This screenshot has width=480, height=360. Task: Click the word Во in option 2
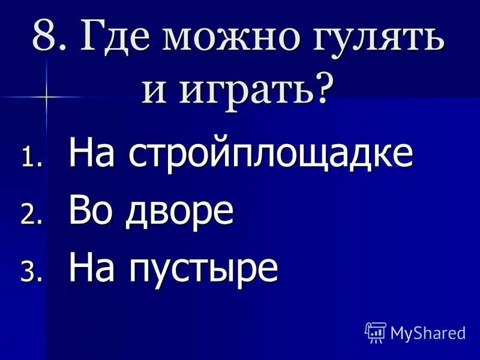pos(89,211)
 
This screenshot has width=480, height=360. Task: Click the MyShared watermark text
pos(428,332)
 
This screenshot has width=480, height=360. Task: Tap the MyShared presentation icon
pos(376,332)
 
